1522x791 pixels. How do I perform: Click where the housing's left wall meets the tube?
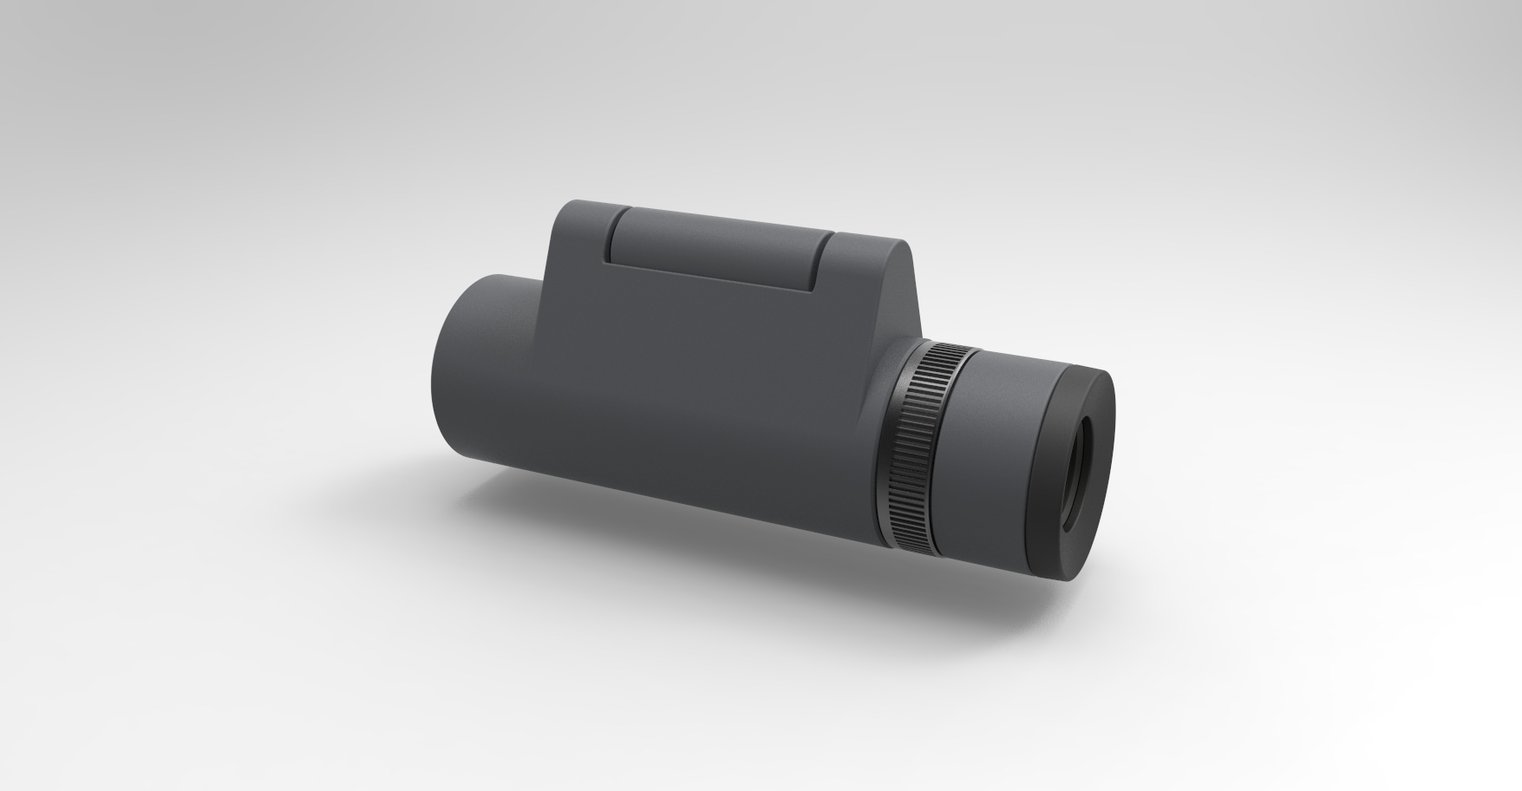[x=542, y=286]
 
